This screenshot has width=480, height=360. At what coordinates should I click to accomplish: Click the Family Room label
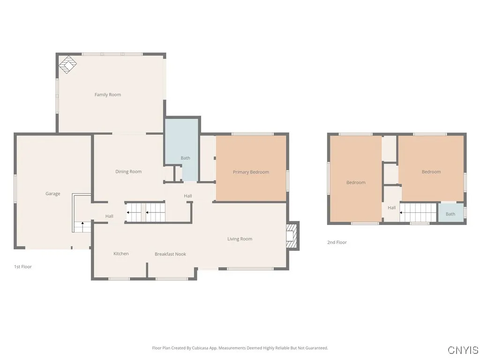pos(107,95)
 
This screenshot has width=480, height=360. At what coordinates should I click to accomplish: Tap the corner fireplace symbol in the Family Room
pos(67,65)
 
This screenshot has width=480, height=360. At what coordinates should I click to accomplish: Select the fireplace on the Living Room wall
pos(292,236)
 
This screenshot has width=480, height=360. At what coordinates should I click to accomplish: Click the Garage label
pos(52,194)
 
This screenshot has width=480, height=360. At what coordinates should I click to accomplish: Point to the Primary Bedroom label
pos(251,172)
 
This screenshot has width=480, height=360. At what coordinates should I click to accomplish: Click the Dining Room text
pos(128,172)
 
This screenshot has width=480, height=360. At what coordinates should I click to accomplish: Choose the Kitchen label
pos(121,254)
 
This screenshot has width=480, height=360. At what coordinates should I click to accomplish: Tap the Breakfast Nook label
pos(170,254)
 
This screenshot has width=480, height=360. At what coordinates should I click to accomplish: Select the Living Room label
pos(240,239)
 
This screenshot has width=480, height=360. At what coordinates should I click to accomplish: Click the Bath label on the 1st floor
pos(185,158)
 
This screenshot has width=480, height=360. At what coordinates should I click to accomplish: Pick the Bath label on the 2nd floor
pos(450,214)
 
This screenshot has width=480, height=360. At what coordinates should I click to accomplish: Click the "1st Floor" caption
pos(23,267)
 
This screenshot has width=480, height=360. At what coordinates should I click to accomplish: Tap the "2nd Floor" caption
pos(337,242)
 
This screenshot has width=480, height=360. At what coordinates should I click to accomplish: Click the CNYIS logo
pos(463,350)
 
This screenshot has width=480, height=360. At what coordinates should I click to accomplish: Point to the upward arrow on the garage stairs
pos(82,224)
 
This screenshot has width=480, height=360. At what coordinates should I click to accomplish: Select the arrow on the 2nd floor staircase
pos(401,212)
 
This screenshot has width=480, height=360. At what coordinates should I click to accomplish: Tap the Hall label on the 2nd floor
pos(391,208)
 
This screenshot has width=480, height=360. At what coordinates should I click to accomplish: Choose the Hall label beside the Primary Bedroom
pos(187,196)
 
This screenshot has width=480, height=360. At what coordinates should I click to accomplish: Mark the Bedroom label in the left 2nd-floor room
pos(356,183)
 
